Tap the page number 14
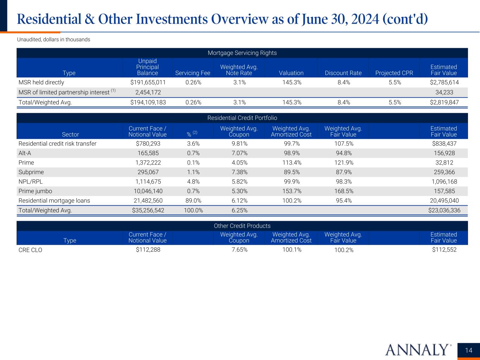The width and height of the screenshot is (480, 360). point(468,350)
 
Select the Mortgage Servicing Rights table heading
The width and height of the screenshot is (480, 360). point(242,53)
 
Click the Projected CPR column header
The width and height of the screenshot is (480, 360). point(394,73)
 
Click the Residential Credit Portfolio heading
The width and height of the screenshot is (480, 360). point(242,118)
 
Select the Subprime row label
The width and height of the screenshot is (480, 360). point(31,172)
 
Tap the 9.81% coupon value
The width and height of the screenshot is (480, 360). point(239,143)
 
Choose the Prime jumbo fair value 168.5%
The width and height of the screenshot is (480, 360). point(343,191)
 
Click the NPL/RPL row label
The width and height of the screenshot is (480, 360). point(31,182)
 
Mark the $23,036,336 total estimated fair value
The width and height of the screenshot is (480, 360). point(444,211)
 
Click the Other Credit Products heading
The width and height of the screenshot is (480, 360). point(242,226)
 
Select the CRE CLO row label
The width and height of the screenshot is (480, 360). point(30,250)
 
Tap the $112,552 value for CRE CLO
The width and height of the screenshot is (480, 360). point(444,250)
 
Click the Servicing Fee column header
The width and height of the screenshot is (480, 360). point(193,73)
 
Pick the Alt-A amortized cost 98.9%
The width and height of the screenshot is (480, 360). point(291,153)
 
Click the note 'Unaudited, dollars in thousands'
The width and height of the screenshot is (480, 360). point(53,39)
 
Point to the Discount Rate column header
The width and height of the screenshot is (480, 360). point(343,73)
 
